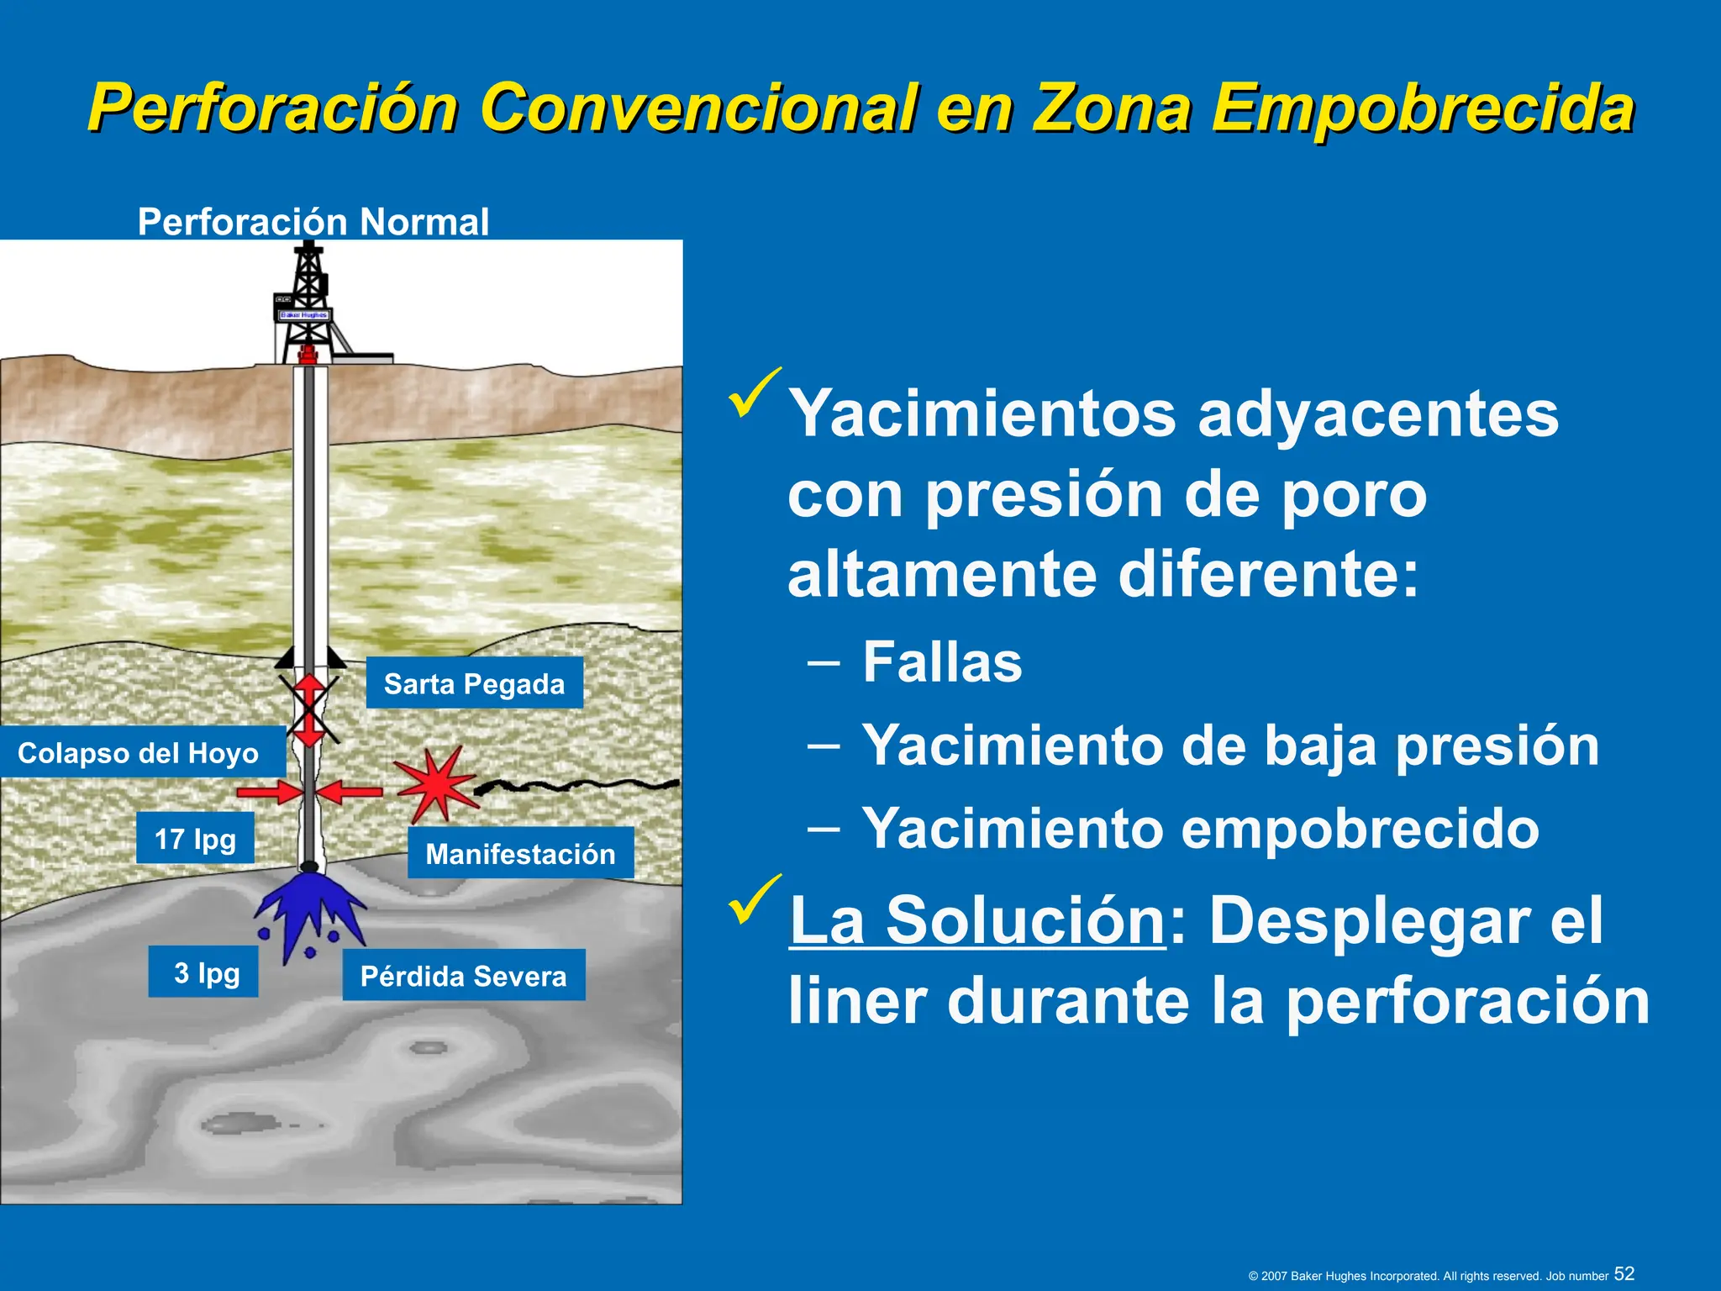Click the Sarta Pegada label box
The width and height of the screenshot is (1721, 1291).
474,683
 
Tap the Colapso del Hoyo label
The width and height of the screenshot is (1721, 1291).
139,752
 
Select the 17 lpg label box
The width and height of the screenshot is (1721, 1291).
195,838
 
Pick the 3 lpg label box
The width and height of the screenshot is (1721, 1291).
203,972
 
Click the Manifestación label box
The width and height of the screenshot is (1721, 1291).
520,853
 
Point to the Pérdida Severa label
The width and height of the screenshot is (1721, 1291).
463,975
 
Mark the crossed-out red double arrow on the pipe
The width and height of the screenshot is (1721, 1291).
309,710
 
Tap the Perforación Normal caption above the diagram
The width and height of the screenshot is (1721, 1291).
313,222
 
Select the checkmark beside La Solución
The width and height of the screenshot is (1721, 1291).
755,899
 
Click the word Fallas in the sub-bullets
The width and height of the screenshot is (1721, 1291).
942,662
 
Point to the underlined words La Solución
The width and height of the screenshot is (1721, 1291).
977,920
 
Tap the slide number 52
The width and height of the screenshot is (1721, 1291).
1624,1273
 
